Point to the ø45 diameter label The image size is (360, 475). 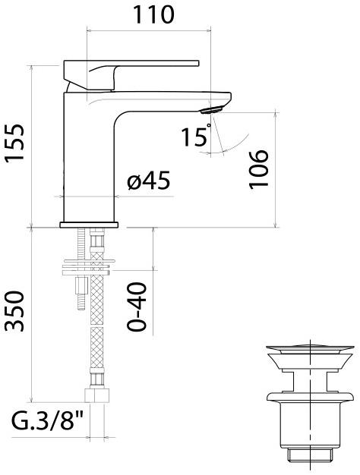click(x=148, y=182)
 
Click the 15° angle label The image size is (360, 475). click(x=195, y=137)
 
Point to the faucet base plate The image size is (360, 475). click(x=90, y=224)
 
